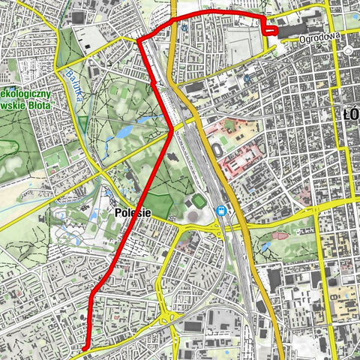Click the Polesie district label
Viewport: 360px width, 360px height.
click(133, 213)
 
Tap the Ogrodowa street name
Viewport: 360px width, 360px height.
click(320, 34)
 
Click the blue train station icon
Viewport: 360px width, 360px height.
click(222, 211)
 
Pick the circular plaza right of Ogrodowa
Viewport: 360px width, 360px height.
click(349, 50)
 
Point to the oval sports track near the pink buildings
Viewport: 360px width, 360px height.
click(217, 151)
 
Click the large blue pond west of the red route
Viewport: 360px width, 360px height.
click(121, 131)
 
